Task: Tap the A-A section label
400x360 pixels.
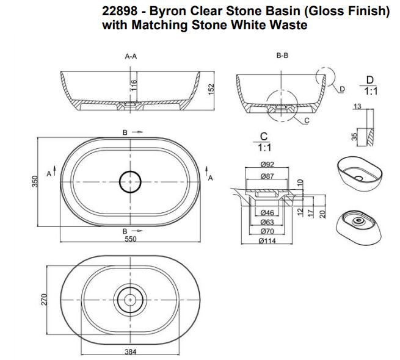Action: click(131, 56)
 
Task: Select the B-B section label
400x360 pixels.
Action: click(282, 56)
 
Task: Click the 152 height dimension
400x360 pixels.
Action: click(211, 90)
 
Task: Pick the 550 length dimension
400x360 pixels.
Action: click(131, 240)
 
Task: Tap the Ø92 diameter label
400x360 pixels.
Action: click(266, 164)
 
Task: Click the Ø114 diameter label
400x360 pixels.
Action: click(266, 241)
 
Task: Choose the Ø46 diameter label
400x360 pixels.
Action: click(266, 212)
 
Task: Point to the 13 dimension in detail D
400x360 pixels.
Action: click(357, 107)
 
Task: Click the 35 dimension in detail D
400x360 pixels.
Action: click(354, 136)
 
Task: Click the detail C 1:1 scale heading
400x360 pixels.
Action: click(264, 142)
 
